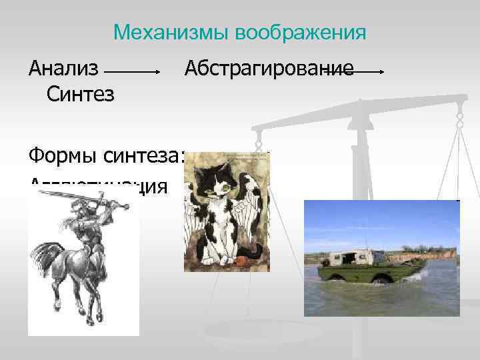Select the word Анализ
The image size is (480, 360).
[x=63, y=68]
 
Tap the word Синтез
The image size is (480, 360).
[x=81, y=94]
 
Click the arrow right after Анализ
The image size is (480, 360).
[x=132, y=70]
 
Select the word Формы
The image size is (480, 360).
[x=63, y=157]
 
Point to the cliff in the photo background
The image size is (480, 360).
[x=427, y=253]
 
